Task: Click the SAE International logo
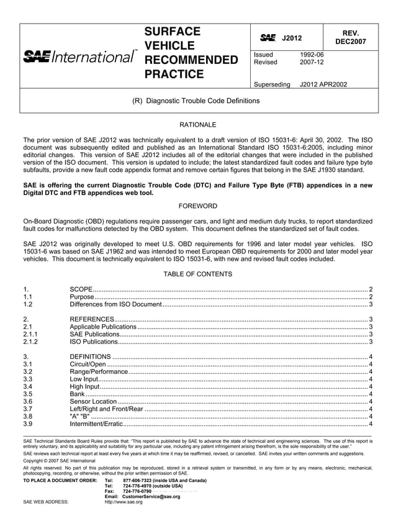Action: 80,57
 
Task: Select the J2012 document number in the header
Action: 291,39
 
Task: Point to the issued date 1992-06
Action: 312,55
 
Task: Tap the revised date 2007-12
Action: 312,62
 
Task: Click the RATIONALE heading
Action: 197,125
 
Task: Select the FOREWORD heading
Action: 197,206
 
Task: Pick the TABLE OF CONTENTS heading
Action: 197,274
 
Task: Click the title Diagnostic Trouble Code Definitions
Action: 202,101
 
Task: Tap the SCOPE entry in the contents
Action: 81,289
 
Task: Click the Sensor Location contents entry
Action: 93,401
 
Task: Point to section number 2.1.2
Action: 30,342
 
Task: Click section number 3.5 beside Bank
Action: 27,394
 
